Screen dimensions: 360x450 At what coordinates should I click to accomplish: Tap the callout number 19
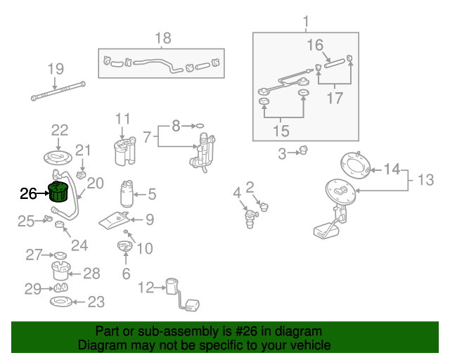56,69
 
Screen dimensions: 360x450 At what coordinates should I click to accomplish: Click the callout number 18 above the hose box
162,38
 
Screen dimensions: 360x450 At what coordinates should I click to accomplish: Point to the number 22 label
60,129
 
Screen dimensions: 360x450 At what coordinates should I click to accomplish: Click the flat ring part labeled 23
60,302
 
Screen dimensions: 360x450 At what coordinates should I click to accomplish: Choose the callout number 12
146,287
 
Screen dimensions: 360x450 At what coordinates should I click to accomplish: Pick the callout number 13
425,181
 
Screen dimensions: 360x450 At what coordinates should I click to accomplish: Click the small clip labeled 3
304,150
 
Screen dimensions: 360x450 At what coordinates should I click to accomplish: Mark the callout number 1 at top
306,22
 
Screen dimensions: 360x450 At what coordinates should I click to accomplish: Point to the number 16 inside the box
314,46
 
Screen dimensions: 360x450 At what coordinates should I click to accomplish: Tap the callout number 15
281,130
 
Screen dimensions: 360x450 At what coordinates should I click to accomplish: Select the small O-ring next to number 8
200,126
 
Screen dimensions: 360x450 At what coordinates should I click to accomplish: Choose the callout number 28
92,273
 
